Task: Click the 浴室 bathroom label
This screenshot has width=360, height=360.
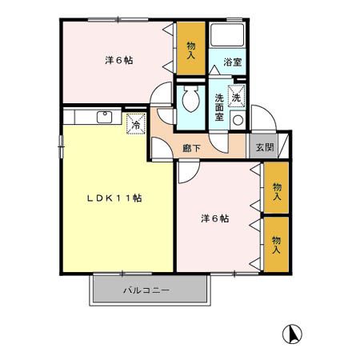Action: (x=232, y=62)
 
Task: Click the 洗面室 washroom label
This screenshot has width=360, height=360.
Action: (x=219, y=107)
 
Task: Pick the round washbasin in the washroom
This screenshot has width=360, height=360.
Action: (x=238, y=120)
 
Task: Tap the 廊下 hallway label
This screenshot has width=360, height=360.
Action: (x=191, y=147)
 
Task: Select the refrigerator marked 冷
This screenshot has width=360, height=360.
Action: (x=136, y=124)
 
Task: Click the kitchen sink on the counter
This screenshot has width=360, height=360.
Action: (x=104, y=117)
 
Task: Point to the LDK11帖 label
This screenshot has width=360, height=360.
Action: (x=115, y=198)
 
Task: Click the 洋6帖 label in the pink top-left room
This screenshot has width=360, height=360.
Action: (x=117, y=59)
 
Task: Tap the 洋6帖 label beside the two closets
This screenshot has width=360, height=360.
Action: (x=215, y=218)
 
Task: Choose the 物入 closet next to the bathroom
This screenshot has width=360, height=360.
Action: (x=191, y=50)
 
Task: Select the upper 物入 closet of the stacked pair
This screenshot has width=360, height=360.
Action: (x=276, y=190)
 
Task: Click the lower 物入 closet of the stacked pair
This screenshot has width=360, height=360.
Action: (x=276, y=244)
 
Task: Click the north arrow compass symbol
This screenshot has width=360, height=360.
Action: (x=294, y=332)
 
